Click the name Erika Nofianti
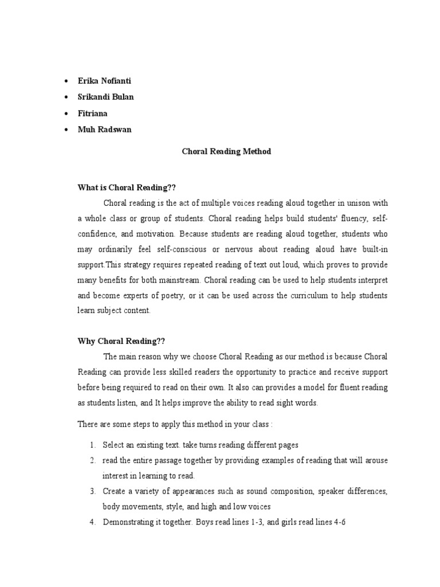click(104, 81)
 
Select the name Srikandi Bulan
click(105, 97)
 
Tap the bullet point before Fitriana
click(68, 114)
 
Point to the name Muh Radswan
click(104, 130)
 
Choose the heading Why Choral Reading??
click(121, 341)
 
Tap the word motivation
click(155, 234)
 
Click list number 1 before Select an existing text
click(93, 444)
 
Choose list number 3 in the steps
click(93, 491)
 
